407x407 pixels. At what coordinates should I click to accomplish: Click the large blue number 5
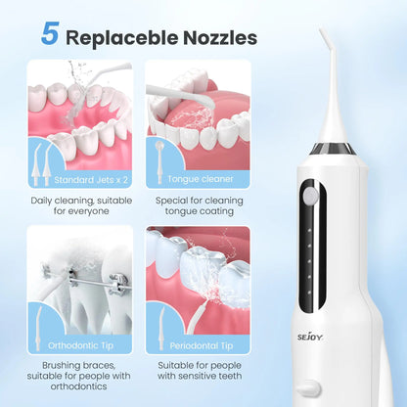[x=49, y=32]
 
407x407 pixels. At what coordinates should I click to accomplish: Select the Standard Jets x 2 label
[x=91, y=179]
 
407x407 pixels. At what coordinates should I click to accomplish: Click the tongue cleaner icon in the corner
[x=158, y=148]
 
